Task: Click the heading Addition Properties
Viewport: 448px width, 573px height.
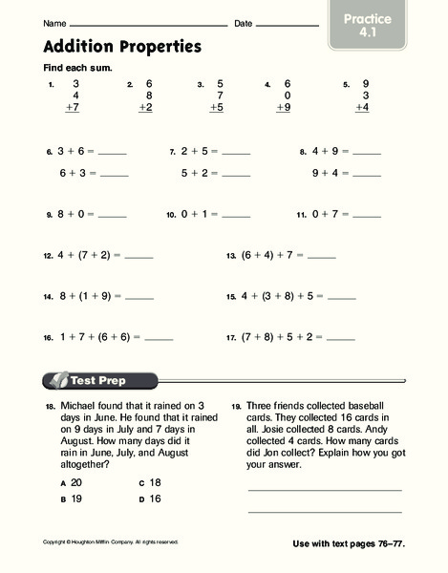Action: pos(122,46)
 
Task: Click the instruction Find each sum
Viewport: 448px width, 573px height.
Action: pos(77,70)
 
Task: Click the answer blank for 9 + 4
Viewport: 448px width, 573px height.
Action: pos(366,175)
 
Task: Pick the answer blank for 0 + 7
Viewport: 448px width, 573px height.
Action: pos(367,217)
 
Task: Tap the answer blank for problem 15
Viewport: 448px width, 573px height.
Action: pos(341,298)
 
